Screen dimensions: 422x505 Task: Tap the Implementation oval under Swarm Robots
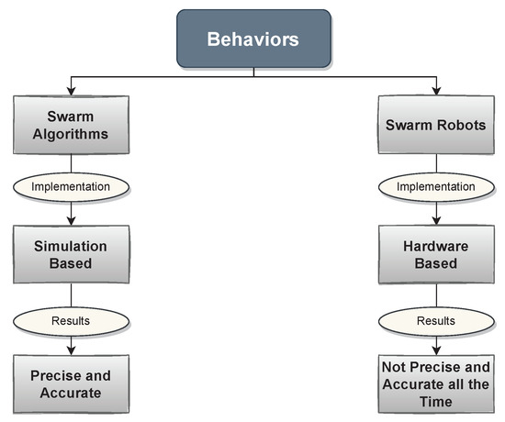(x=434, y=186)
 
